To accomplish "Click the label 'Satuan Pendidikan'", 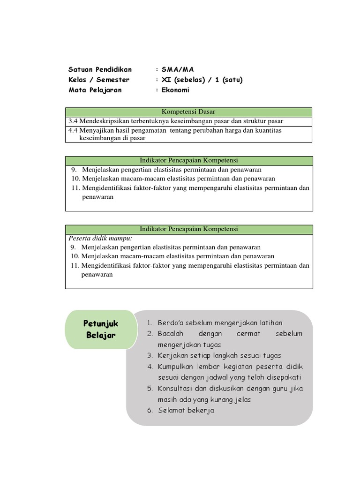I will [100, 69].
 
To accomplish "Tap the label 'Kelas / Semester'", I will [99, 80].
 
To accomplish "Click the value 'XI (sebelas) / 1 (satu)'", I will [202, 80].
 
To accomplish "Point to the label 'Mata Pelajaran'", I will [95, 90].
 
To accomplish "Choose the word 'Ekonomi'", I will [175, 90].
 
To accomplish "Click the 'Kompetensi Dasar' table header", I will [188, 112].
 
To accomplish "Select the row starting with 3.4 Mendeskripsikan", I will [175, 121].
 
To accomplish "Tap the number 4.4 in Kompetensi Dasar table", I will [73, 130].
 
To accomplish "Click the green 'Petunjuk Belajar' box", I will [101, 329].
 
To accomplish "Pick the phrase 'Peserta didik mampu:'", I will [100, 238].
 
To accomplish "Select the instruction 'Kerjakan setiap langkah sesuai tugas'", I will [219, 355].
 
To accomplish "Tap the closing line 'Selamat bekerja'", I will [186, 410].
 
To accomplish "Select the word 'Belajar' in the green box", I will [101, 335].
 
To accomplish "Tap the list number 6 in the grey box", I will [150, 410].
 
